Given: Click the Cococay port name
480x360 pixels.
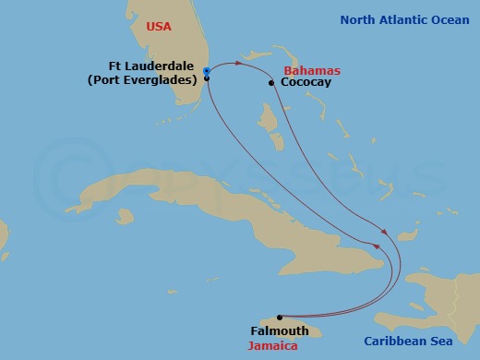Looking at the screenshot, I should click(x=306, y=83).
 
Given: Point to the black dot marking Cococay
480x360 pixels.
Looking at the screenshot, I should click(x=271, y=83).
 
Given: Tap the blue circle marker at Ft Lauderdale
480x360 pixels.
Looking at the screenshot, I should click(x=206, y=71).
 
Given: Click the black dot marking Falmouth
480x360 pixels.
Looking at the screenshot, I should click(x=279, y=317).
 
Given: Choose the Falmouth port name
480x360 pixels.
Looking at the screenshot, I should click(x=279, y=330).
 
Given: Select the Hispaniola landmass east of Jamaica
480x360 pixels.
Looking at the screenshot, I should click(x=434, y=295).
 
